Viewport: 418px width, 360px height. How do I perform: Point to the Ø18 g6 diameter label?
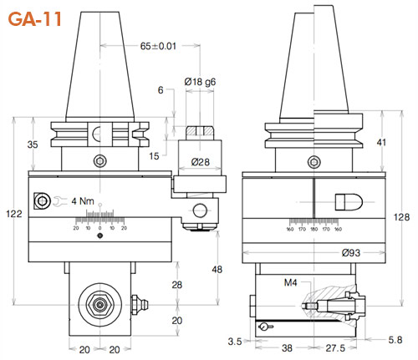point(201,82)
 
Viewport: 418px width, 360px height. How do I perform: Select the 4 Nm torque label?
point(84,200)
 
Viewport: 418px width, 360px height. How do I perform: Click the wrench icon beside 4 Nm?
point(59,200)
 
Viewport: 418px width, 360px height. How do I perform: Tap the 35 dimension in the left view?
point(33,145)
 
